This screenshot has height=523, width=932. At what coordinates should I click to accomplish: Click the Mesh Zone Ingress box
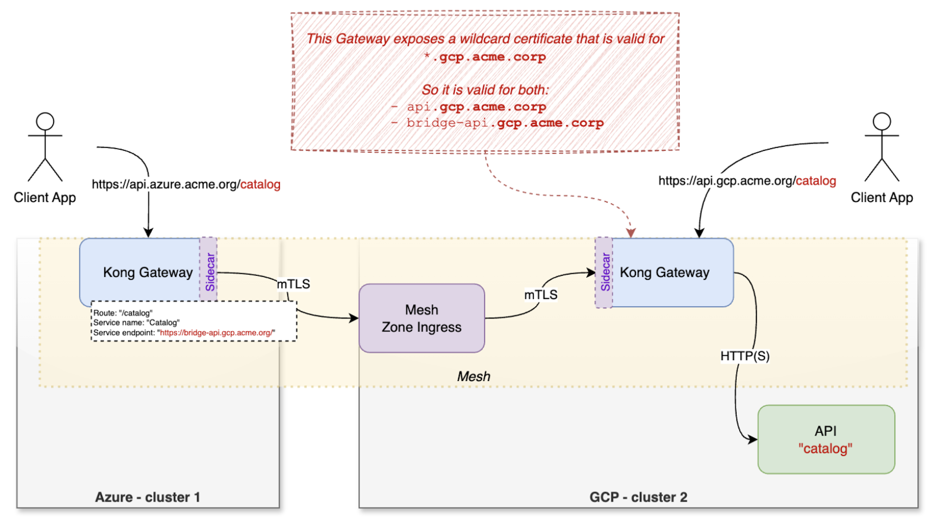click(421, 318)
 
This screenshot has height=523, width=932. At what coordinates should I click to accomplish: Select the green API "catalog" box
click(826, 439)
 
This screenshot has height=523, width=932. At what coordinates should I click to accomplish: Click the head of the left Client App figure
click(45, 121)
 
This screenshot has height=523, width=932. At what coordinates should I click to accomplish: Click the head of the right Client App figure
click(881, 121)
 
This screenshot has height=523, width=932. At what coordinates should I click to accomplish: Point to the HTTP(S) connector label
click(745, 356)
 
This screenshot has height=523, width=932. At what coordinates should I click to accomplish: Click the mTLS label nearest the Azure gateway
click(293, 284)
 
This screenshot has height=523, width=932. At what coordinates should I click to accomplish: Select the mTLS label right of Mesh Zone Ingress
click(540, 294)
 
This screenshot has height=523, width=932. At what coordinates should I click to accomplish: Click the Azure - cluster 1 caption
click(147, 497)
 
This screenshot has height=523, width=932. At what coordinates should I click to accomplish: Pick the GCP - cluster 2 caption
click(638, 497)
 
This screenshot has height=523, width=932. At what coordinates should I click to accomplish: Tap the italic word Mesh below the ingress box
click(473, 376)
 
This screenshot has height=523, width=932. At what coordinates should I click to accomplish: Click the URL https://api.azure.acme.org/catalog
click(186, 184)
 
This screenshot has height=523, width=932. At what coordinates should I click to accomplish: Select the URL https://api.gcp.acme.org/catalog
click(747, 181)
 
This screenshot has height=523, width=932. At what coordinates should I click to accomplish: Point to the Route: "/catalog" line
click(123, 313)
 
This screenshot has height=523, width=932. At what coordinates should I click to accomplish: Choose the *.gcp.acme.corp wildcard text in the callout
click(485, 57)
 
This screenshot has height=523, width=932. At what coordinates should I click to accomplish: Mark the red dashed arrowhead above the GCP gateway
click(631, 233)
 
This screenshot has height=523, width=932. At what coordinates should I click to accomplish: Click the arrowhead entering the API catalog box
click(753, 439)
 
